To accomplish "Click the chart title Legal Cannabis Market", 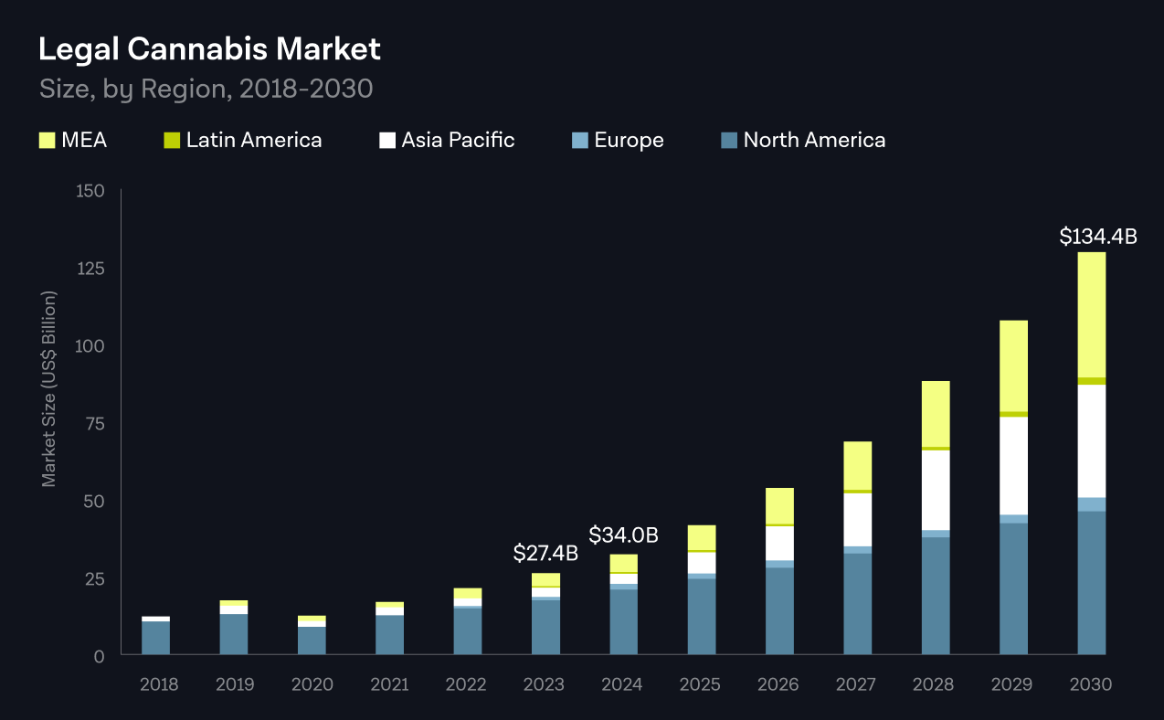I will (x=209, y=50).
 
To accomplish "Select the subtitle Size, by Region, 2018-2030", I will (x=206, y=90).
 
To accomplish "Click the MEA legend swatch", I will (x=48, y=141).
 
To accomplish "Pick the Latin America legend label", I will (x=253, y=141).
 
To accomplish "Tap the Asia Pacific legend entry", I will (x=458, y=141).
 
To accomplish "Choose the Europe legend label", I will (x=629, y=141).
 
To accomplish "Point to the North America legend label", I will (x=814, y=141).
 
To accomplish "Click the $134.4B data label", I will (x=1097, y=237).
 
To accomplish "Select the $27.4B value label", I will (x=545, y=553).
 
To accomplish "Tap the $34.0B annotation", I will (x=623, y=535).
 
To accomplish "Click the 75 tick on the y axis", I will (x=95, y=424).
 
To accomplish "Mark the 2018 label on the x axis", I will (x=159, y=684).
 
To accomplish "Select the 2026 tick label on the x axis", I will (x=778, y=684).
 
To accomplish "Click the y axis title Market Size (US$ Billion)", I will (x=49, y=389).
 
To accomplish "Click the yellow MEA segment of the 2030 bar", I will (x=1091, y=314).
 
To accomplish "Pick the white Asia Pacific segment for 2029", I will (x=1013, y=465).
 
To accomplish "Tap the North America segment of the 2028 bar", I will (x=936, y=595).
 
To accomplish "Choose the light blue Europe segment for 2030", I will (x=1091, y=504).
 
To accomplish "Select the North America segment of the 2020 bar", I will (x=312, y=641).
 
